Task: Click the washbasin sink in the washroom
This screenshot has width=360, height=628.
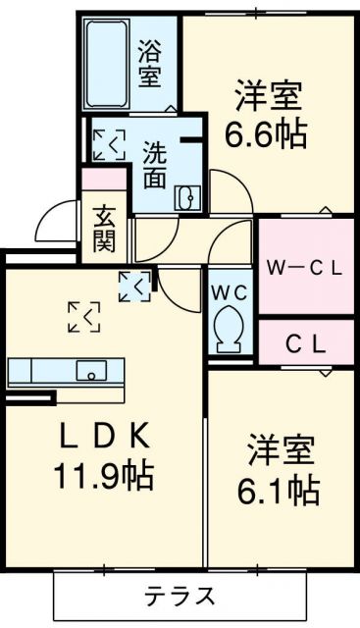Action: [x=186, y=198]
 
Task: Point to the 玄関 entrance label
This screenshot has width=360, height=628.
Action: [x=105, y=228]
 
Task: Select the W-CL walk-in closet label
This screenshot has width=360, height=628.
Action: [x=304, y=267]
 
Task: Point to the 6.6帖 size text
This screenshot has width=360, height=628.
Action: [x=268, y=133]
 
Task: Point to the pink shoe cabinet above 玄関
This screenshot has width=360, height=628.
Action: [x=104, y=180]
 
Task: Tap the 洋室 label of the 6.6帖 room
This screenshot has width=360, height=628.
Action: [x=267, y=97]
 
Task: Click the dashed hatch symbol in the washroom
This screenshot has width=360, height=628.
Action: [x=109, y=143]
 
